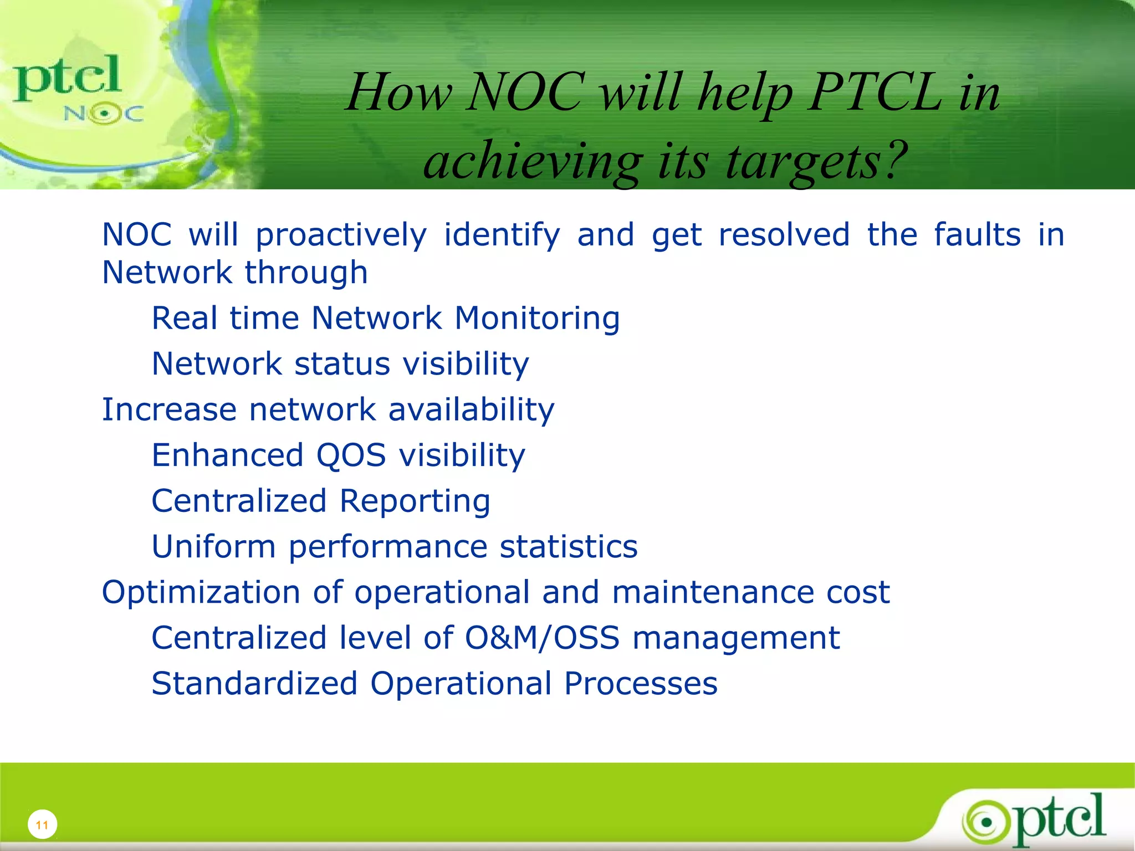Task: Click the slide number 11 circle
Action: click(42, 824)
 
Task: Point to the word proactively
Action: click(341, 235)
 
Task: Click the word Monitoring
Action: click(537, 319)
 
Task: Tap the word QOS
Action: click(351, 455)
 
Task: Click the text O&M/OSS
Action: click(541, 638)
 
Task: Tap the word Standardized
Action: click(254, 684)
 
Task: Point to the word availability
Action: click(471, 410)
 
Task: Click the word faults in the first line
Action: click(977, 235)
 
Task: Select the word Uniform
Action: click(213, 547)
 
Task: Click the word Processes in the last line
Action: click(641, 684)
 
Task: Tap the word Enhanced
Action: click(227, 455)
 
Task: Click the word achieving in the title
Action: click(532, 162)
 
